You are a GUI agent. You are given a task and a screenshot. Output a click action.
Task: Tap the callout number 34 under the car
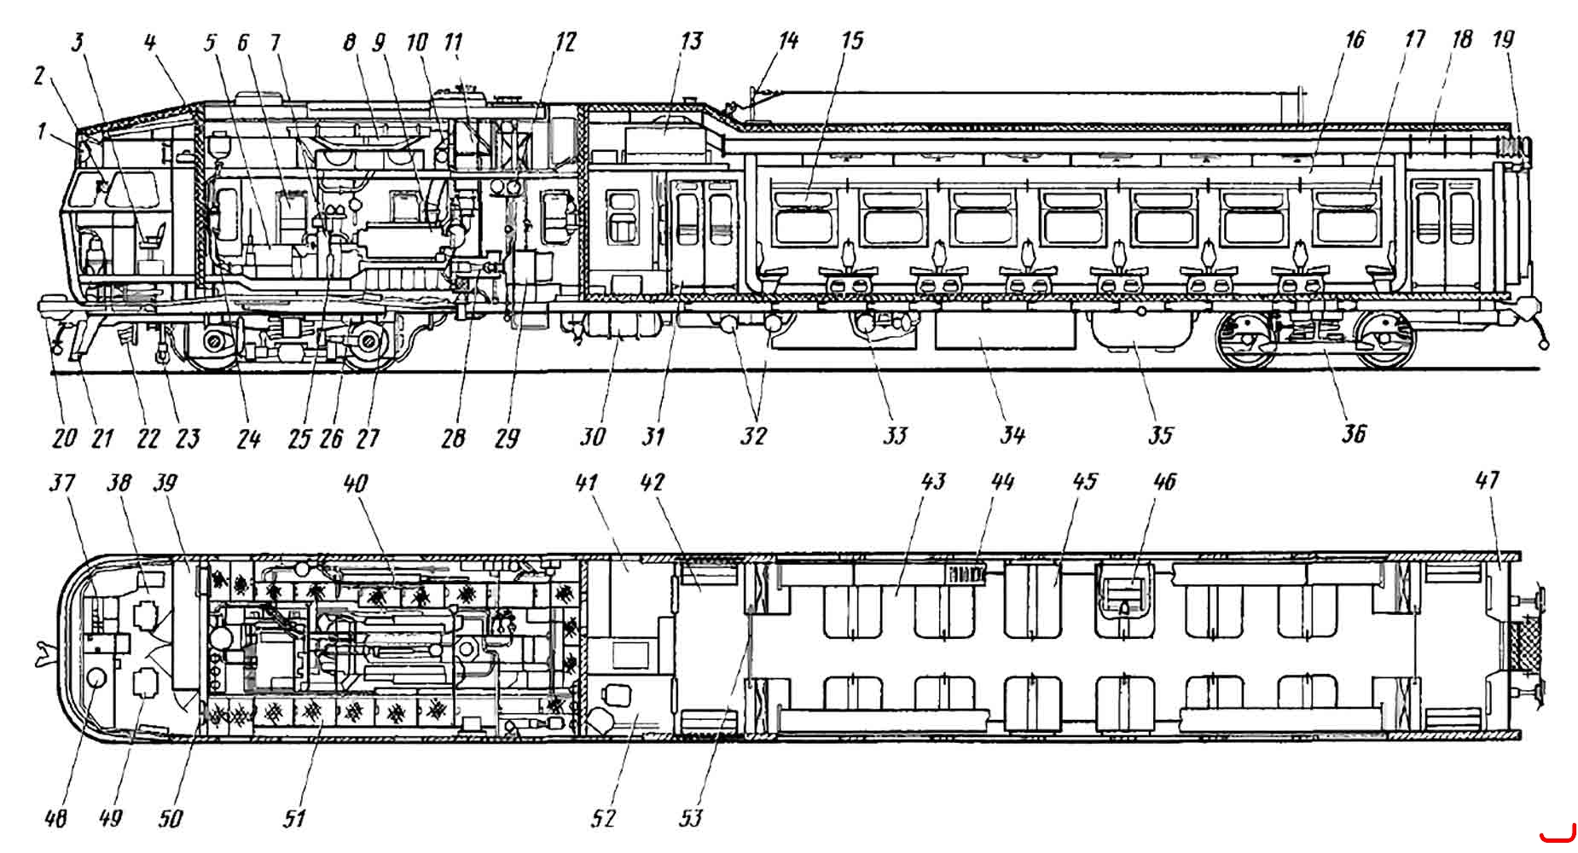(x=1012, y=436)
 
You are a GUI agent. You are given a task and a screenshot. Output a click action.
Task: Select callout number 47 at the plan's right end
(x=1487, y=480)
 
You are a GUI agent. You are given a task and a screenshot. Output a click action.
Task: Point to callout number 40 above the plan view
(x=355, y=483)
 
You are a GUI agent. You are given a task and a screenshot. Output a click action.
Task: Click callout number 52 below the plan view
(x=603, y=818)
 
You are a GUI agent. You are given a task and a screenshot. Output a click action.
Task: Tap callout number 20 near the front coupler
(x=64, y=438)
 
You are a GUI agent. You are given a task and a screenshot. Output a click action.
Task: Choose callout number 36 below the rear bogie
(x=1354, y=433)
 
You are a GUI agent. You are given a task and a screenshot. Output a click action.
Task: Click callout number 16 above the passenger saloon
(x=1355, y=40)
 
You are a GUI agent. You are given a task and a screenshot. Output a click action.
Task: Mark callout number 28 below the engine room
(x=454, y=438)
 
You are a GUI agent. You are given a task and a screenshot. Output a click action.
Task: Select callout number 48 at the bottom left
(x=55, y=818)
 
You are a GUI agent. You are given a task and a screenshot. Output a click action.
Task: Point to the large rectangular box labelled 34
(x=1005, y=330)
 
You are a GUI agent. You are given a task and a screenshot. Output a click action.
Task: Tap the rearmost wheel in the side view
(x=1385, y=339)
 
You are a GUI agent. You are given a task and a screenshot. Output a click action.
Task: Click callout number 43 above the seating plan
(x=933, y=481)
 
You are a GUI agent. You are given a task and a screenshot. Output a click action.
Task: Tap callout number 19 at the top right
(x=1503, y=39)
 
